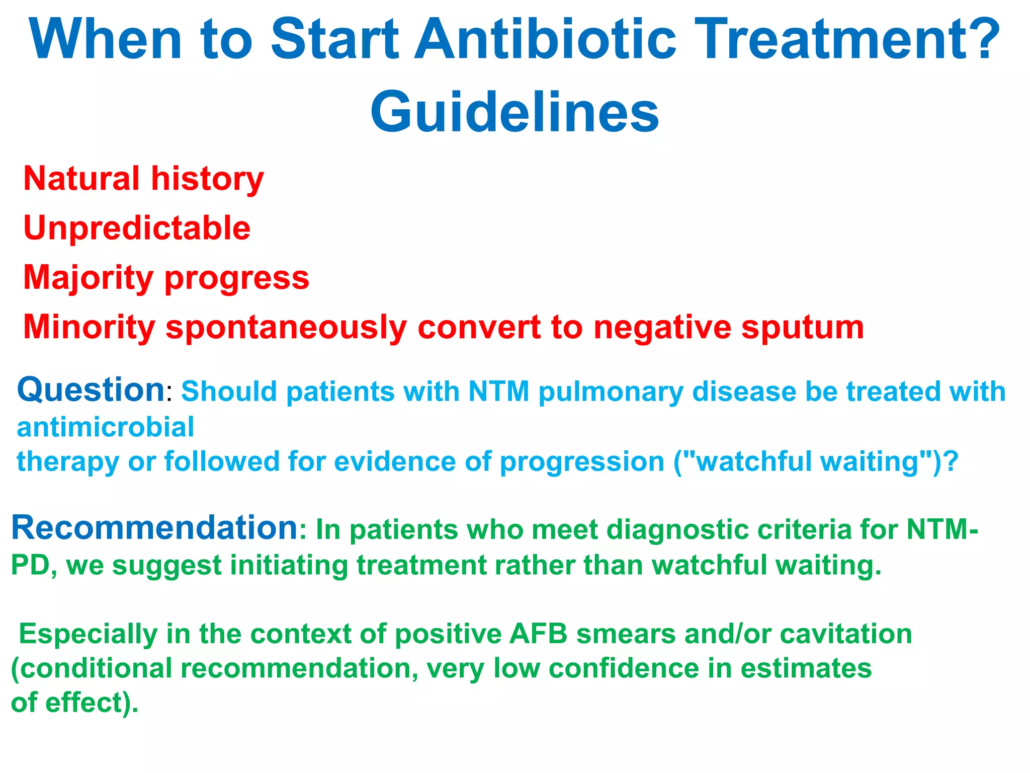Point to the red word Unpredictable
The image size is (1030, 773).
[137, 228]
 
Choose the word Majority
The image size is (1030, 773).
[88, 278]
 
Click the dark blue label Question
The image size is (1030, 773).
[91, 390]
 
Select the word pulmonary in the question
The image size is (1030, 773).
[611, 392]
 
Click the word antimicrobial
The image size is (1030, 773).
[105, 427]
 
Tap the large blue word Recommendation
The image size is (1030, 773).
[155, 528]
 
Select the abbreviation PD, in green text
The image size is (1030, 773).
[33, 565]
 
